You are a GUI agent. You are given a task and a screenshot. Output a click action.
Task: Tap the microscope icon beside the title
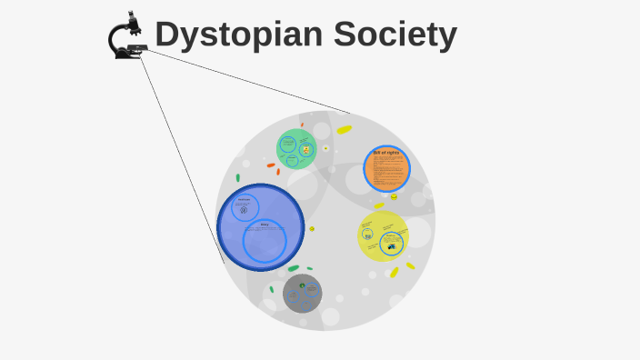coord(126,36)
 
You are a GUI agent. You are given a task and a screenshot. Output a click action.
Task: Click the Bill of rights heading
coord(385,152)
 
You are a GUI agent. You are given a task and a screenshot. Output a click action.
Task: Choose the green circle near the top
coord(296,148)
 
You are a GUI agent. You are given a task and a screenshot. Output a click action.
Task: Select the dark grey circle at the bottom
coord(302,293)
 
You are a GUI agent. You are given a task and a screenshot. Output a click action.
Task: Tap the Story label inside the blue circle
coord(265,225)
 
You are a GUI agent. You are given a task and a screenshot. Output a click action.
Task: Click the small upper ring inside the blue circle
coord(244,206)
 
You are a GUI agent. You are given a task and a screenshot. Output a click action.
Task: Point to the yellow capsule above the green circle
coord(344,130)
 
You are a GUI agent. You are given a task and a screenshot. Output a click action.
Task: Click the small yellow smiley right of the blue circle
coord(312,229)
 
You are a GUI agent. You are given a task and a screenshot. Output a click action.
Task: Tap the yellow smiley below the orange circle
coord(394,197)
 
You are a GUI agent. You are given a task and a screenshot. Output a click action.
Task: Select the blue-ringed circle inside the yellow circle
coord(392,244)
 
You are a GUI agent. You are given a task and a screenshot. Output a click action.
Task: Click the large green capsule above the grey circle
coord(294,268)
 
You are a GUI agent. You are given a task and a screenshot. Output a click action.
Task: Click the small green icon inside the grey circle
coord(302,285)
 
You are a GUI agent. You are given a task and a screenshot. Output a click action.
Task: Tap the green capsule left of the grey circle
coord(271,290)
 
